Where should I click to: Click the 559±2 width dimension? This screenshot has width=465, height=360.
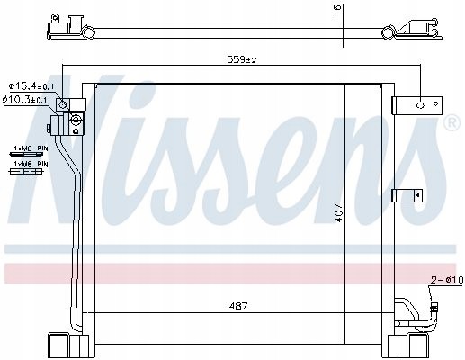[x=241, y=60]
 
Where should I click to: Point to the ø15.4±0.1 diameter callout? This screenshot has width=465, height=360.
[x=31, y=86]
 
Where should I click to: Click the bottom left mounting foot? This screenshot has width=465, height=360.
[x=60, y=346]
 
